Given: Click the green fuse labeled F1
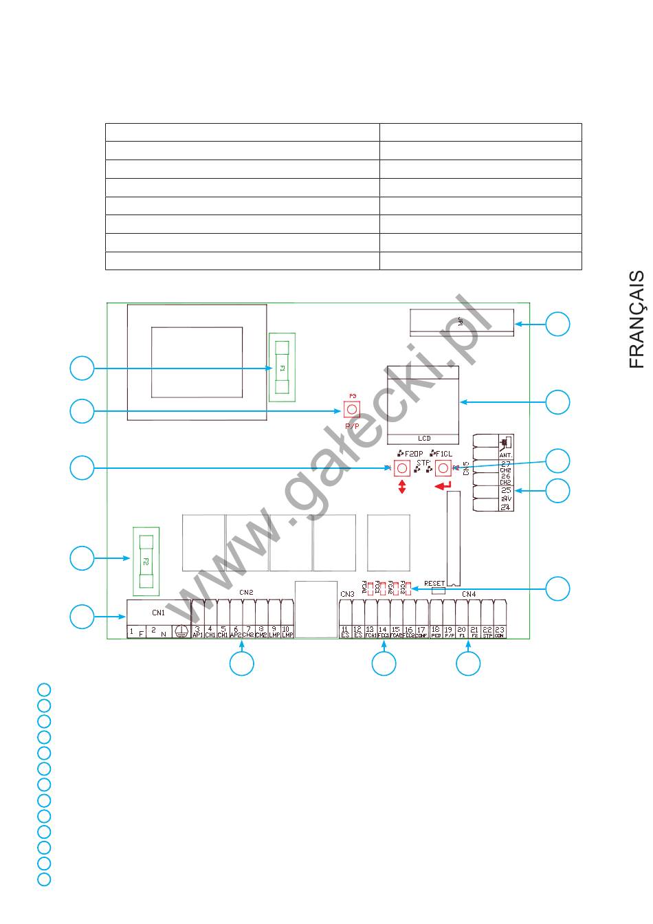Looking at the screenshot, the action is pyautogui.click(x=282, y=368).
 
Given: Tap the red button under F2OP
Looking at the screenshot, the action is pyautogui.click(x=402, y=468).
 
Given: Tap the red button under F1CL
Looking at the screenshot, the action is pyautogui.click(x=443, y=468).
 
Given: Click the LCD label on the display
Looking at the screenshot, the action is pyautogui.click(x=424, y=439).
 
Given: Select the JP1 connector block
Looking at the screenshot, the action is pyautogui.click(x=461, y=322).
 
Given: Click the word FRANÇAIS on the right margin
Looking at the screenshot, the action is pyautogui.click(x=637, y=319).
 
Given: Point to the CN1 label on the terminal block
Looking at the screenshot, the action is pyautogui.click(x=159, y=612).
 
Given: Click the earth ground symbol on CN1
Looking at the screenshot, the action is pyautogui.click(x=181, y=631).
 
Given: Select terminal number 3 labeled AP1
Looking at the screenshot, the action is pyautogui.click(x=197, y=631).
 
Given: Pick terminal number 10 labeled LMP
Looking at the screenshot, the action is pyautogui.click(x=287, y=631).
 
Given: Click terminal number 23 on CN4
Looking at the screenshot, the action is pyautogui.click(x=500, y=631).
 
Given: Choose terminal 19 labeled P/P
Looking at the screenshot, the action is pyautogui.click(x=448, y=631).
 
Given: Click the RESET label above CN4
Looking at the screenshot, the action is pyautogui.click(x=434, y=583).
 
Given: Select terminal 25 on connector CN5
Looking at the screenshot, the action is pyautogui.click(x=506, y=492).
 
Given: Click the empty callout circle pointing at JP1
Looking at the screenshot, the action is pyautogui.click(x=557, y=324).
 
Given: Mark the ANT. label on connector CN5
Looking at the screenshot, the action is pyautogui.click(x=506, y=455).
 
